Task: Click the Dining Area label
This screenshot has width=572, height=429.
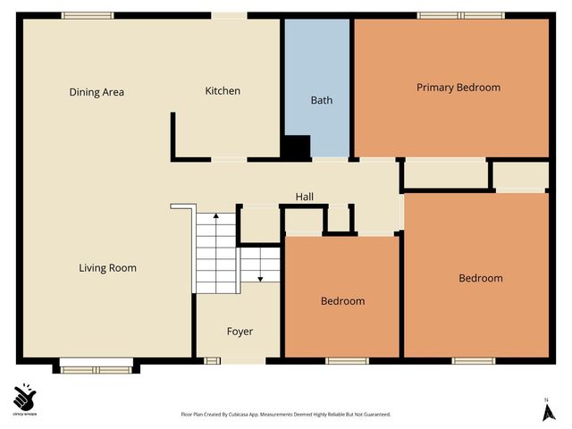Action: point(97,92)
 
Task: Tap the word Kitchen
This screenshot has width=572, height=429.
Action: point(223,91)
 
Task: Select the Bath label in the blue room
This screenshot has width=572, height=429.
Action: point(321,100)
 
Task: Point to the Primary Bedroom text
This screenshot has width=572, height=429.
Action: point(458,88)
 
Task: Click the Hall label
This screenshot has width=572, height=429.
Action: point(304,197)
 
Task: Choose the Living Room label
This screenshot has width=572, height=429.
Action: point(107,268)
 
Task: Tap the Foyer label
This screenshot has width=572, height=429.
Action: point(240,332)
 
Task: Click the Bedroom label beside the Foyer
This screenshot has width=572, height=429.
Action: point(342,301)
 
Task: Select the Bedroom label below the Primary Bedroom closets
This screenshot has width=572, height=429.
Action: point(480,278)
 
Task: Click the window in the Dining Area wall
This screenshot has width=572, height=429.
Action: point(88,15)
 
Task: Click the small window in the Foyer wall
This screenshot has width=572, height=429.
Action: point(213,361)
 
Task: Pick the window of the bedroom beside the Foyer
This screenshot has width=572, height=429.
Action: point(347,361)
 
